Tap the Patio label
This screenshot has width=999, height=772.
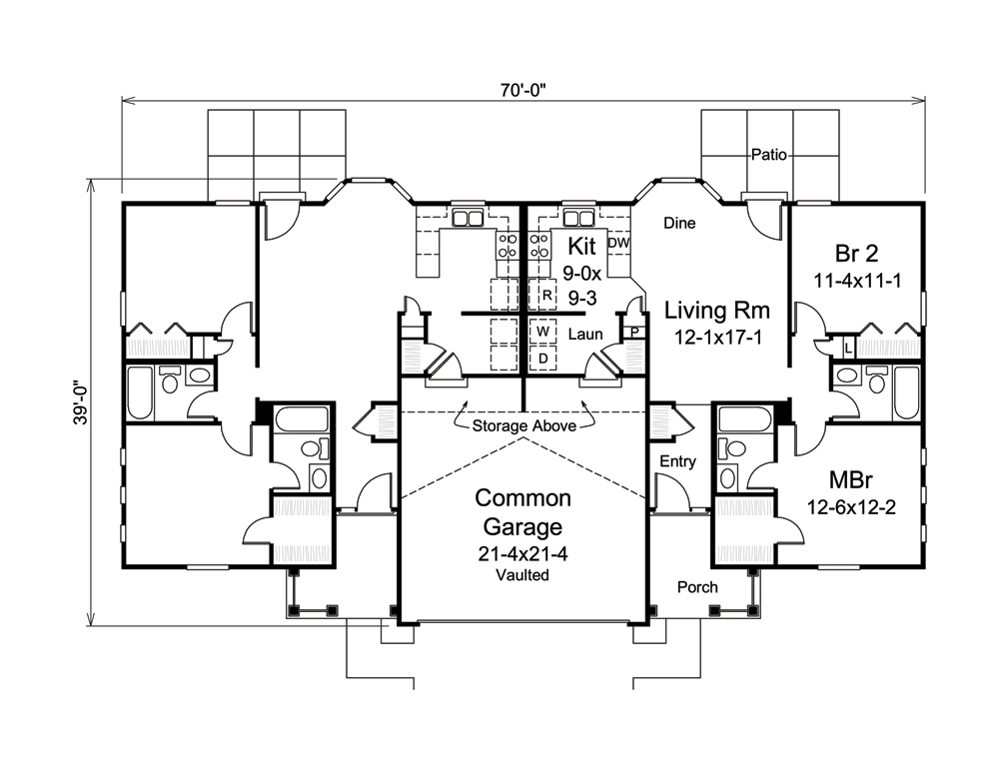(769, 155)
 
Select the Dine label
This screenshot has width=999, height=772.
(679, 224)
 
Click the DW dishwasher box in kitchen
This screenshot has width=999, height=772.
(618, 243)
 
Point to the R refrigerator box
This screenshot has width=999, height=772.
(546, 296)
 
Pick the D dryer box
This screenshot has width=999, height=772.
(542, 358)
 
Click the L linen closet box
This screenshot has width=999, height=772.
(847, 348)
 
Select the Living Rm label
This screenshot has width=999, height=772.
(713, 312)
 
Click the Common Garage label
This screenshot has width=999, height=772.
(523, 511)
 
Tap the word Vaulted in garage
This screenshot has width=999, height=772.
(523, 575)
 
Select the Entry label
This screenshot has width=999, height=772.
(677, 461)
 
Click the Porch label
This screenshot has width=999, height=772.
(696, 587)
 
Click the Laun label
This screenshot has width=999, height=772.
(586, 335)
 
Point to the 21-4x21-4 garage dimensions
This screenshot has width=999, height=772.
(523, 554)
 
